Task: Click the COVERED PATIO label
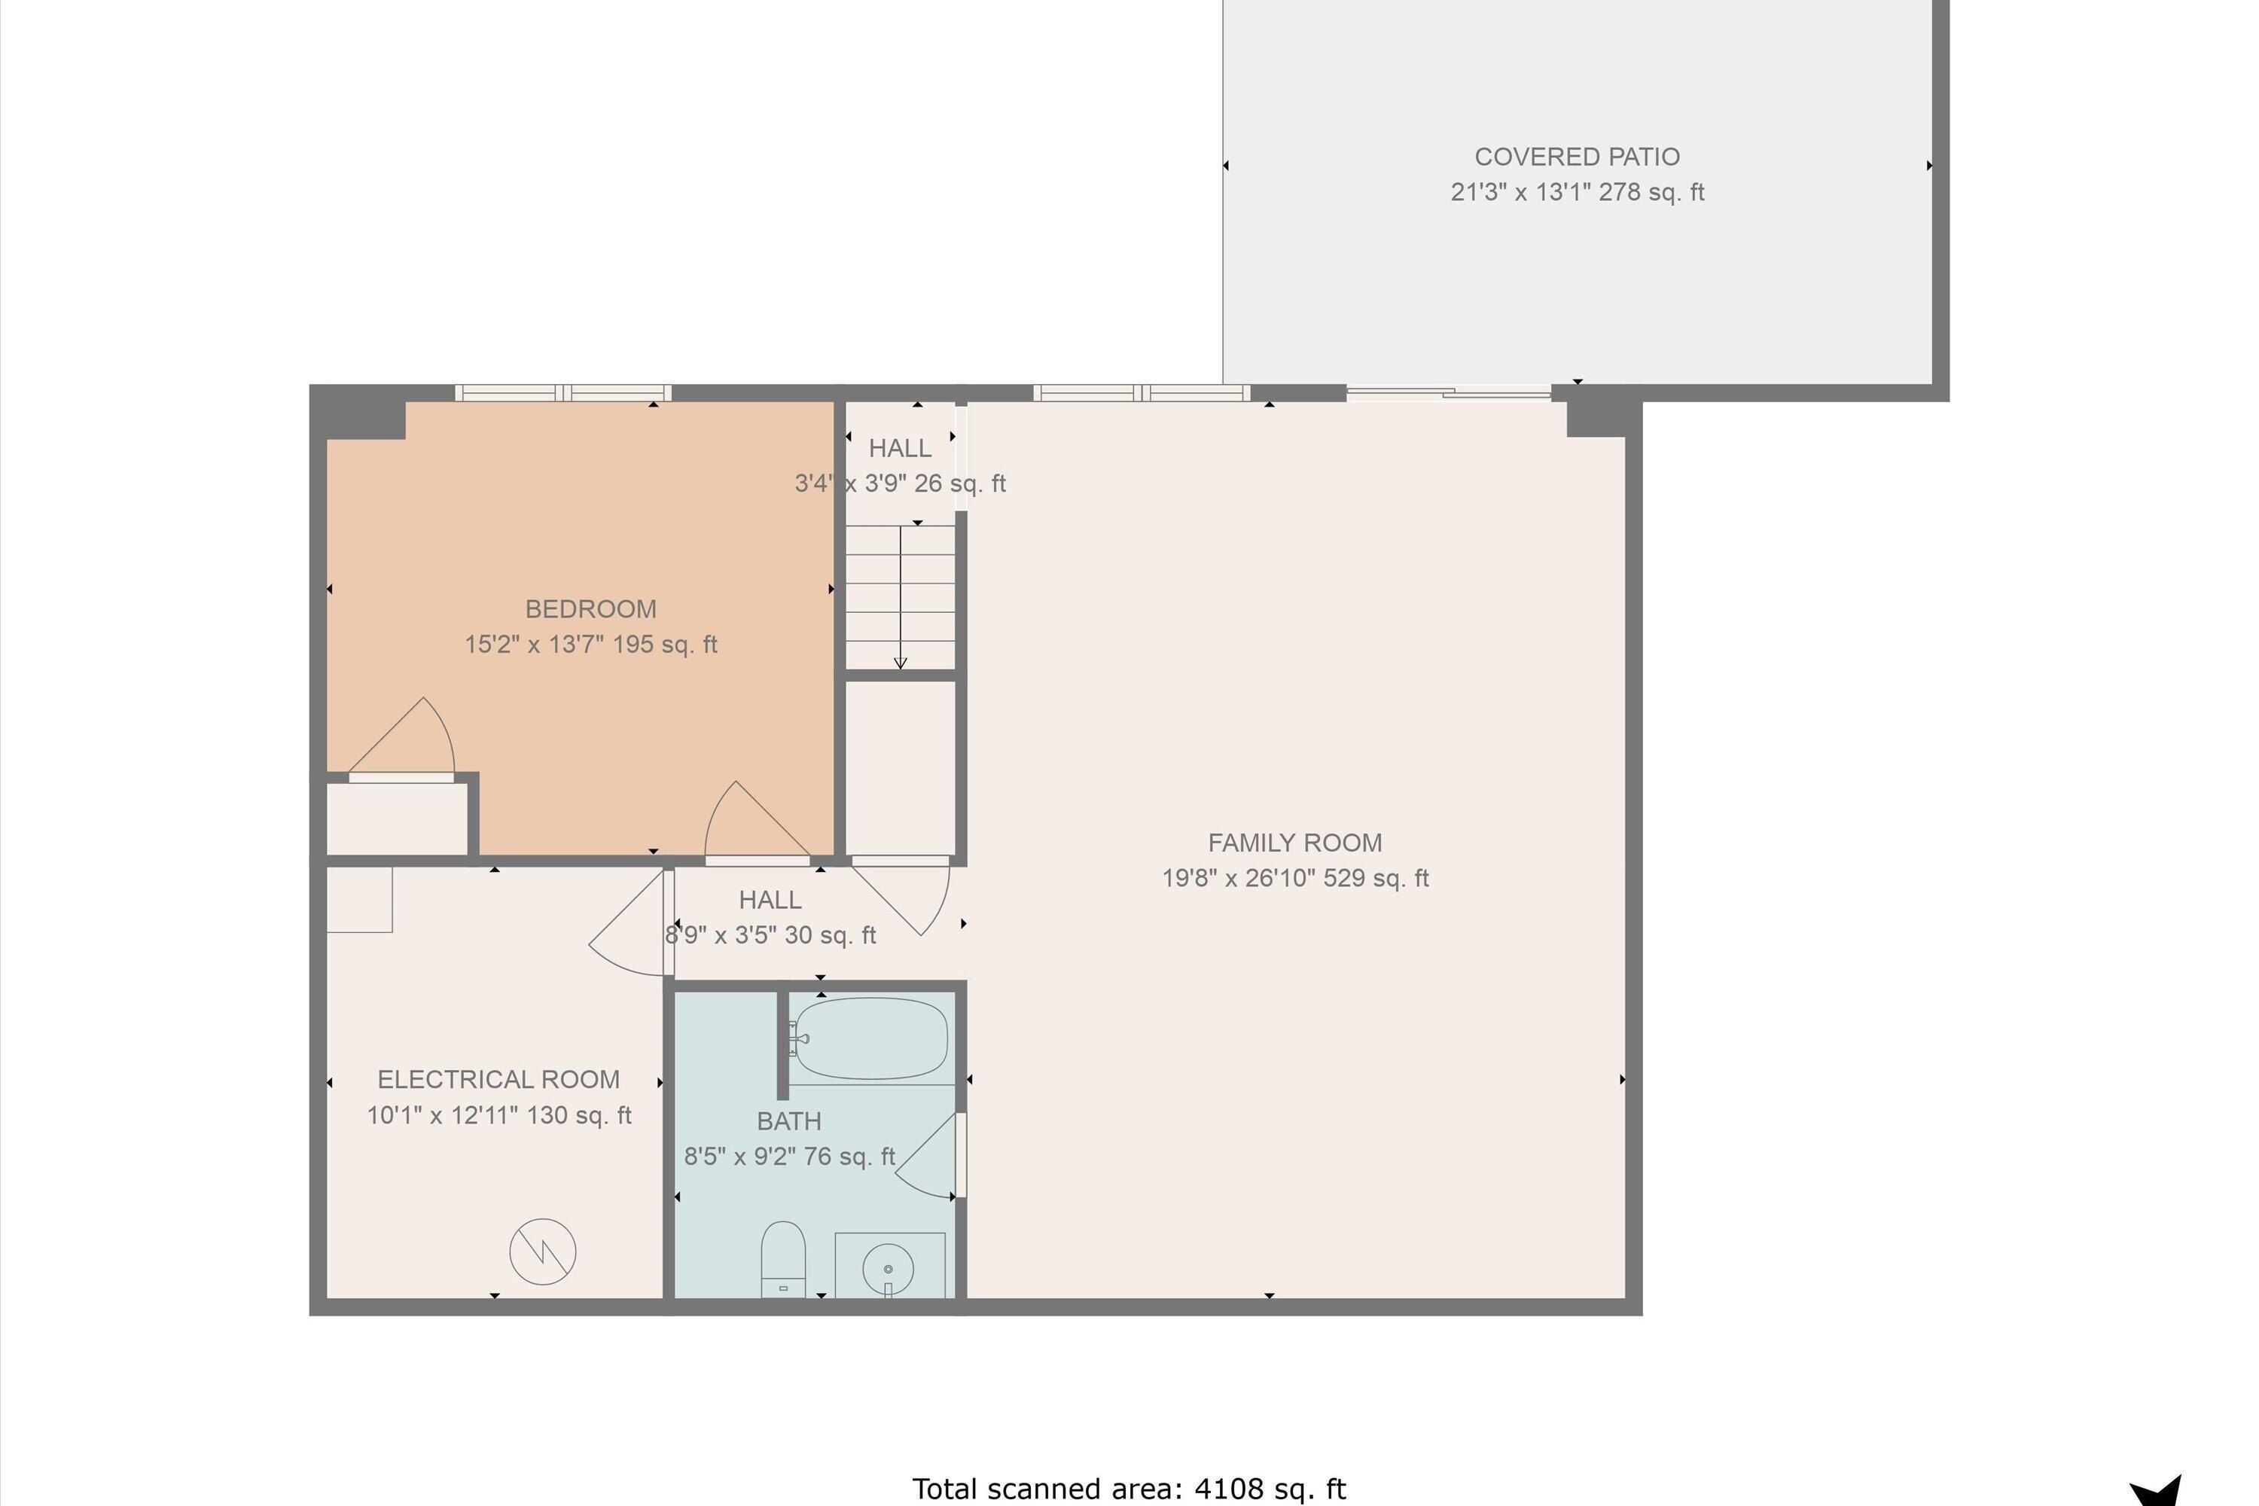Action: pos(1576,157)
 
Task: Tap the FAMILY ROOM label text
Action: pos(1294,843)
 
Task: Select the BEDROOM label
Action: pos(590,609)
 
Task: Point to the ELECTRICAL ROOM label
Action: pos(498,1080)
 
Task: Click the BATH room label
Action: pos(788,1121)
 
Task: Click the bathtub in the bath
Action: pos(871,1038)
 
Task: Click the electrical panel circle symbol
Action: pos(543,1251)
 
